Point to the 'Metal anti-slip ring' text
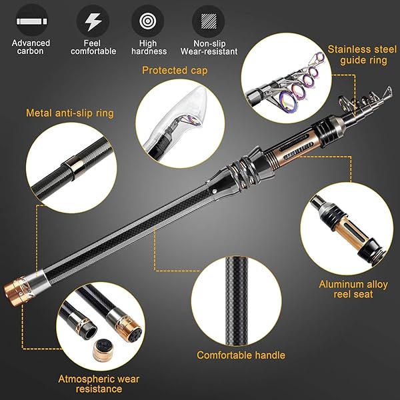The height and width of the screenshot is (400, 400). pyautogui.click(x=70, y=113)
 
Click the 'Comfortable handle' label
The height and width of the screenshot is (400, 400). pyautogui.click(x=241, y=355)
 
